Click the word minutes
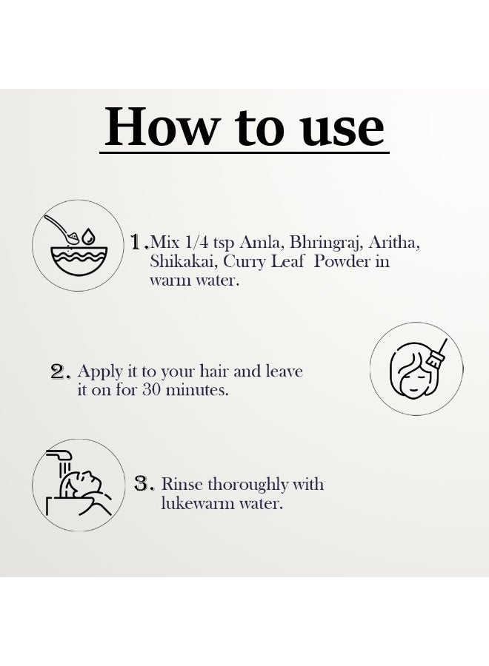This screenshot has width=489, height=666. pyautogui.click(x=197, y=389)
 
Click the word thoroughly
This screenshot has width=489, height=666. pyautogui.click(x=247, y=485)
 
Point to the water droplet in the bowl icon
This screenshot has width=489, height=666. pyautogui.click(x=88, y=236)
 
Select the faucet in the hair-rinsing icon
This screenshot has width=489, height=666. pyautogui.click(x=59, y=457)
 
